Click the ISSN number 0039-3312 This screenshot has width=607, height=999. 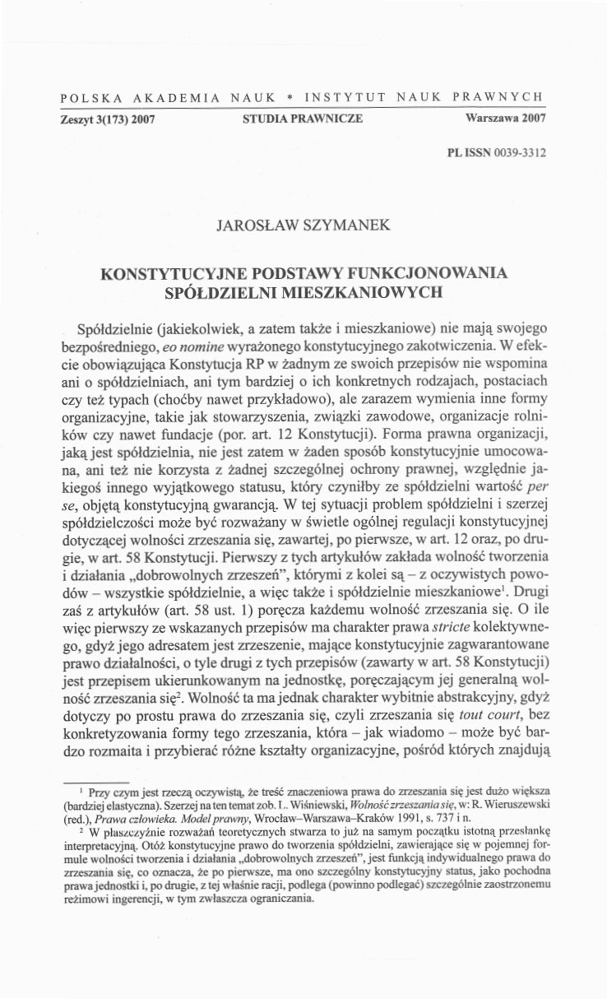[x=517, y=153]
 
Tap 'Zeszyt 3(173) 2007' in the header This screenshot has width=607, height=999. [x=109, y=118]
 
